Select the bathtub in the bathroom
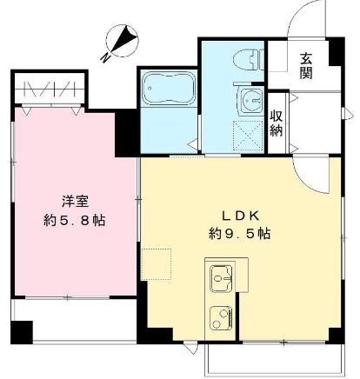pyautogui.click(x=169, y=90)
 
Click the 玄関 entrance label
pyautogui.click(x=307, y=66)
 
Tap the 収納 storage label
pyautogui.click(x=276, y=123)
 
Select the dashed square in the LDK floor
pyautogui.click(x=157, y=263)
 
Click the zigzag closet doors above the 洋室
pyautogui.click(x=50, y=89)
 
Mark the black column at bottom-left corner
pyautogui.click(x=21, y=331)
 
